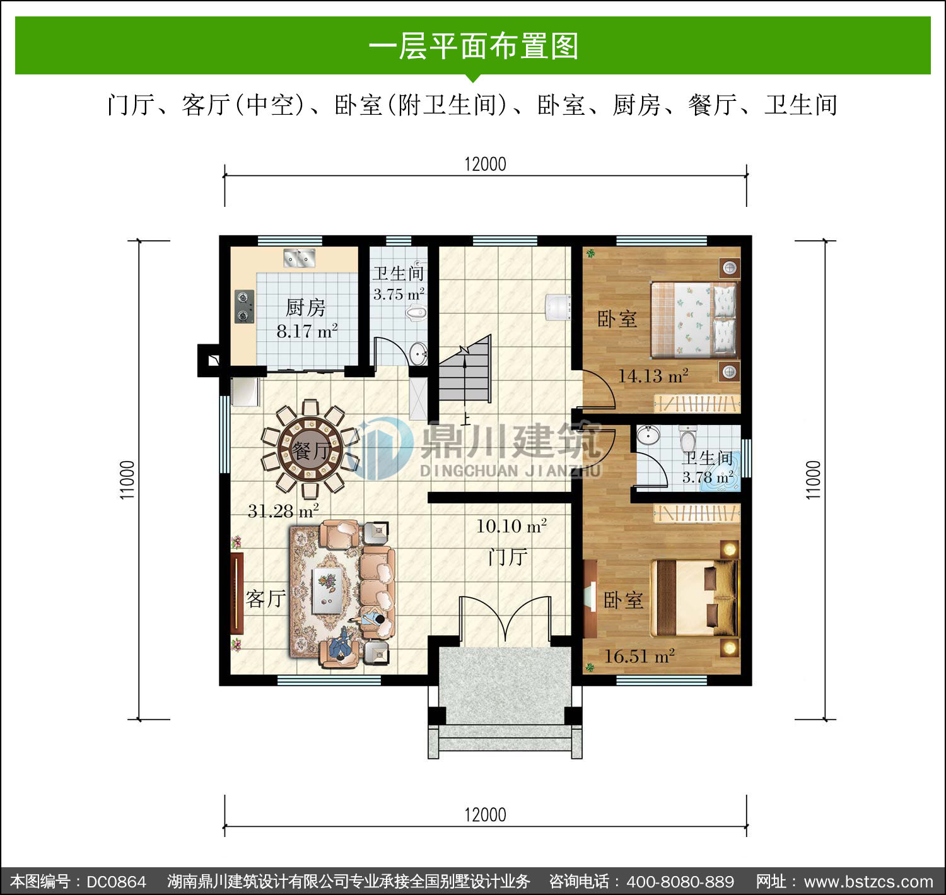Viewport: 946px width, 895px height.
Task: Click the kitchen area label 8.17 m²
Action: [x=307, y=331]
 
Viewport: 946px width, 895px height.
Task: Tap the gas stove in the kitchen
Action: [x=245, y=306]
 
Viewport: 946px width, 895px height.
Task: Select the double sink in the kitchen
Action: [x=300, y=258]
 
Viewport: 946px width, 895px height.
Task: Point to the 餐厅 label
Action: [x=310, y=450]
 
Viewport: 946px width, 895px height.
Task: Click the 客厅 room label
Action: [x=266, y=599]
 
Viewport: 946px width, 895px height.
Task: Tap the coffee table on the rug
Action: [x=328, y=590]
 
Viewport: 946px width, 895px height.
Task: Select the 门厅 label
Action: [x=508, y=557]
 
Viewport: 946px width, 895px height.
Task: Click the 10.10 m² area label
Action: [x=511, y=526]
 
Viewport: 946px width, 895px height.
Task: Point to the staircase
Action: [x=465, y=371]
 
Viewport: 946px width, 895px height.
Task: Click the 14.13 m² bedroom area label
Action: [x=653, y=376]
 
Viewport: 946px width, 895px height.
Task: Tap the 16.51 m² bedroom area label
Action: [x=639, y=656]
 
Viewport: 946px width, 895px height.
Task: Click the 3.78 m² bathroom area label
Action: [x=708, y=477]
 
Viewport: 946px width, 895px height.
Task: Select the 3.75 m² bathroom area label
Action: [x=399, y=294]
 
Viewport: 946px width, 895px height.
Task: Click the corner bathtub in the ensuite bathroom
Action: [x=718, y=482]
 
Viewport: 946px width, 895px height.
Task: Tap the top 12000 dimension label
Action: [x=485, y=164]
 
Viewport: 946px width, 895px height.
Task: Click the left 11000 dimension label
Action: [x=127, y=480]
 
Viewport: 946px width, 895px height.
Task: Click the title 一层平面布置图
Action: [x=474, y=46]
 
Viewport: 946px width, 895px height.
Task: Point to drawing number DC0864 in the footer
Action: [x=116, y=882]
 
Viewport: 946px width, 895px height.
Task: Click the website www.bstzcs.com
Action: [x=868, y=882]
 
